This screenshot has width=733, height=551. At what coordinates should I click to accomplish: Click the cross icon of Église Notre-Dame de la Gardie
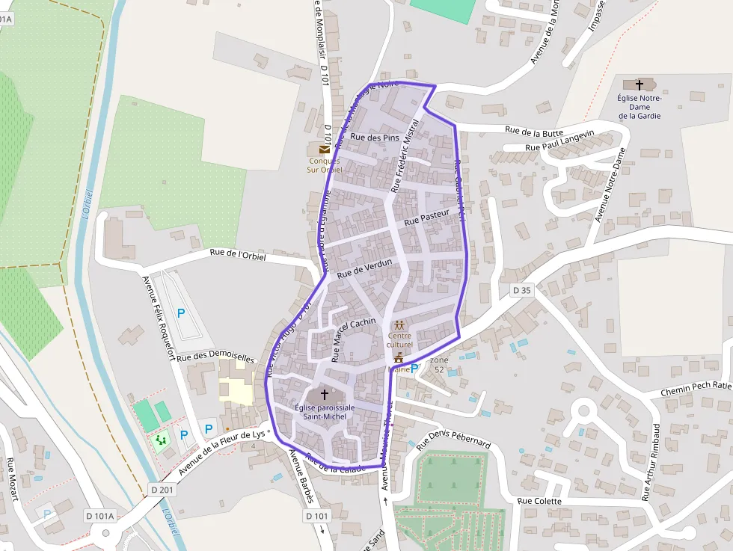click(639, 84)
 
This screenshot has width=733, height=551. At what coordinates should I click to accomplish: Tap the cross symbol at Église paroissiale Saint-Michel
click(325, 393)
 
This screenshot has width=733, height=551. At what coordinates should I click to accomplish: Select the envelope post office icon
click(325, 150)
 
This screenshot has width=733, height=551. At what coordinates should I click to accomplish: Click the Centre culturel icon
click(399, 325)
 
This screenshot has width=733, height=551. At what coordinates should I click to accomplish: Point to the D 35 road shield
click(521, 290)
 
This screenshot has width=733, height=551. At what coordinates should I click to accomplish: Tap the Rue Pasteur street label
click(426, 218)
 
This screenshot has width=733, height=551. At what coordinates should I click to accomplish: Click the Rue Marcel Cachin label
click(353, 339)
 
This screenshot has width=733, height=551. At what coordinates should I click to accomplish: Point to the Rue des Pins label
click(375, 138)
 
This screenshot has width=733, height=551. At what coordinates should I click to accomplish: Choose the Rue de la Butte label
click(534, 131)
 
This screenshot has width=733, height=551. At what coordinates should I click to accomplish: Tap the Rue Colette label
click(539, 501)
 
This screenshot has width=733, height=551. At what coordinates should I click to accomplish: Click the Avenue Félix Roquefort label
click(158, 318)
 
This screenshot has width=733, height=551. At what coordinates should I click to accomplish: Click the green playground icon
click(161, 440)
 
